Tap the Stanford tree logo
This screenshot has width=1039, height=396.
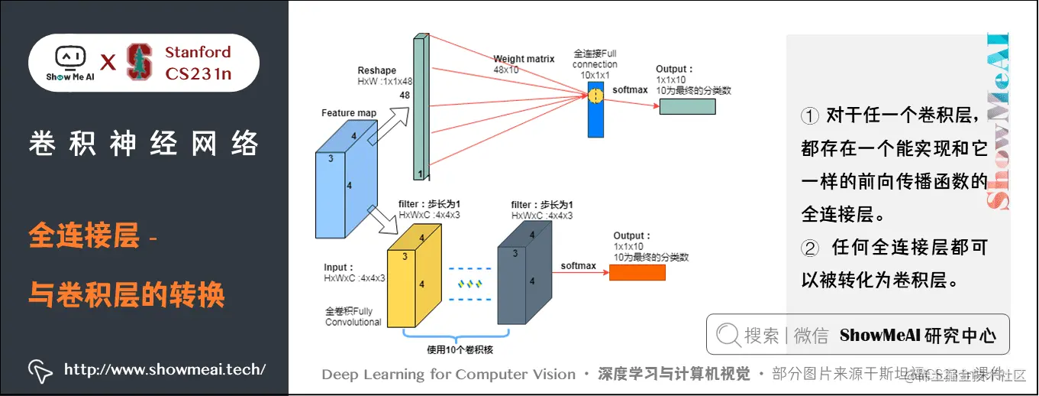[x=139, y=62]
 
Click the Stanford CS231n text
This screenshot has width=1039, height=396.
[x=198, y=63]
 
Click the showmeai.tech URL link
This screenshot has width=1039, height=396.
[x=164, y=369]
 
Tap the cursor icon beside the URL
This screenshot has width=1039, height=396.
[x=40, y=370]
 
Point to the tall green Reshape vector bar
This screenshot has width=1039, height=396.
[x=418, y=107]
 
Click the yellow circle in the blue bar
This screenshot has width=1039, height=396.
[x=595, y=96]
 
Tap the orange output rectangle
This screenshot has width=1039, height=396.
[x=636, y=271]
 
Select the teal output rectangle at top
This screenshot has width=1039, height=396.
[x=687, y=106]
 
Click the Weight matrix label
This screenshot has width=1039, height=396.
[x=522, y=59]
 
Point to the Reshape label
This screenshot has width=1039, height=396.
[x=377, y=70]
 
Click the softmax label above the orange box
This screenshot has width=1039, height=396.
[x=578, y=266]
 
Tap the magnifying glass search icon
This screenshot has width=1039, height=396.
[x=728, y=335]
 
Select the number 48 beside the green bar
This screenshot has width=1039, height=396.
[x=405, y=96]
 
